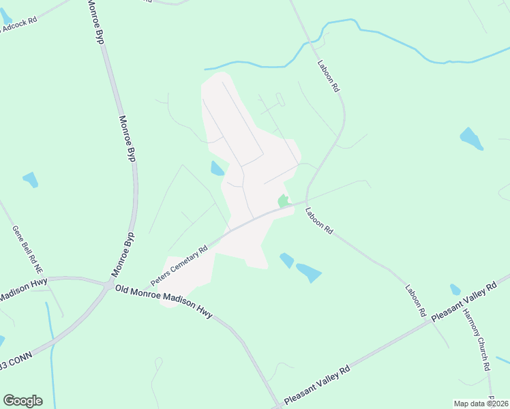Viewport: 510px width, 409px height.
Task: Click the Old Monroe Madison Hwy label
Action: [164, 301]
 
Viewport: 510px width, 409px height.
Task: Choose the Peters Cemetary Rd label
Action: [179, 267]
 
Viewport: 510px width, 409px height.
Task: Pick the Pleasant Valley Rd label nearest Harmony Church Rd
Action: [463, 300]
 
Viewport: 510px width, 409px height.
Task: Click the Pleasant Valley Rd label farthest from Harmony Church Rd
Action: [317, 384]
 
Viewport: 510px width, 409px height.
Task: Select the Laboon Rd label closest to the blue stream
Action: [328, 76]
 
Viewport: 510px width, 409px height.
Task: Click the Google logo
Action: [22, 400]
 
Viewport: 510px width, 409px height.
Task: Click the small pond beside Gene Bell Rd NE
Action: [30, 180]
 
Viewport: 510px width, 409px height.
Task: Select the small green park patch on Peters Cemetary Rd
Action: [282, 201]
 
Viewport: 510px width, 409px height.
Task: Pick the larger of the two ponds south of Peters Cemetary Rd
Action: [308, 272]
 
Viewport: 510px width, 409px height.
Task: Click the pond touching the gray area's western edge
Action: [217, 168]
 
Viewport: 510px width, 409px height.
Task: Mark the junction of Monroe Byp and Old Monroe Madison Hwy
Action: [108, 284]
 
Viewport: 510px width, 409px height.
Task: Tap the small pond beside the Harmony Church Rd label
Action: [455, 290]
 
